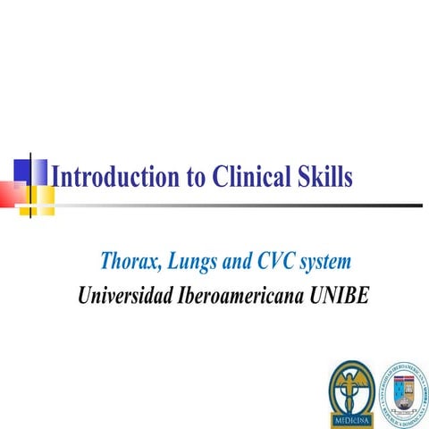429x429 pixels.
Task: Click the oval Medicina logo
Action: [353, 391]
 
